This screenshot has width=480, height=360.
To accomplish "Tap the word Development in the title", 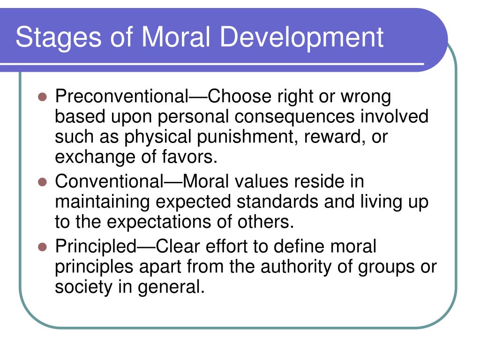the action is tap(301, 37).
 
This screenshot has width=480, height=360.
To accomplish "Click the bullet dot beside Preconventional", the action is tap(42, 97).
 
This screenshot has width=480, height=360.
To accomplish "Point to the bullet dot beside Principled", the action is tap(42, 247).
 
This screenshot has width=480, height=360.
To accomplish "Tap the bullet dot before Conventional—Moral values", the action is tap(42, 182).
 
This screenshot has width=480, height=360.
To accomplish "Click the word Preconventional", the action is tap(122, 97).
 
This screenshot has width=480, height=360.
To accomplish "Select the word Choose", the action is tap(240, 97).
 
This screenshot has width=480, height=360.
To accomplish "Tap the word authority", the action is tap(296, 267).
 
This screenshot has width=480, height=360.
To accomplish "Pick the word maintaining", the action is tap(102, 202).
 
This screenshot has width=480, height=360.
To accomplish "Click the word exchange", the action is tap(95, 157).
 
